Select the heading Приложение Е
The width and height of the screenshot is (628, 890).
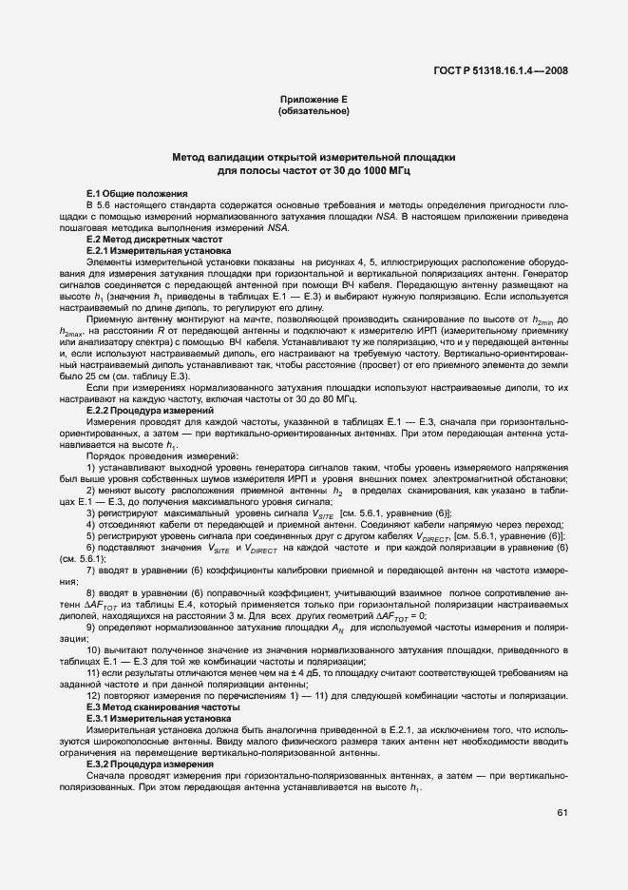tap(314, 100)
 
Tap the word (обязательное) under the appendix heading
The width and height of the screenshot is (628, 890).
tap(314, 112)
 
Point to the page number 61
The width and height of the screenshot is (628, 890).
tap(562, 811)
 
